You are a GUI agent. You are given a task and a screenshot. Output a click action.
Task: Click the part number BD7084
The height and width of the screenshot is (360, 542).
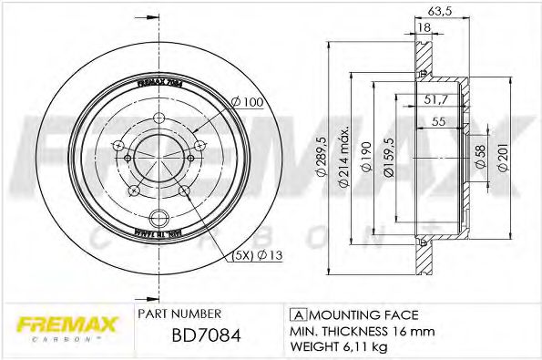click(207, 335)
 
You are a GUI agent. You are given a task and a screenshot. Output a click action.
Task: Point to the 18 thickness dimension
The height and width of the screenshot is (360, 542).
click(424, 28)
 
